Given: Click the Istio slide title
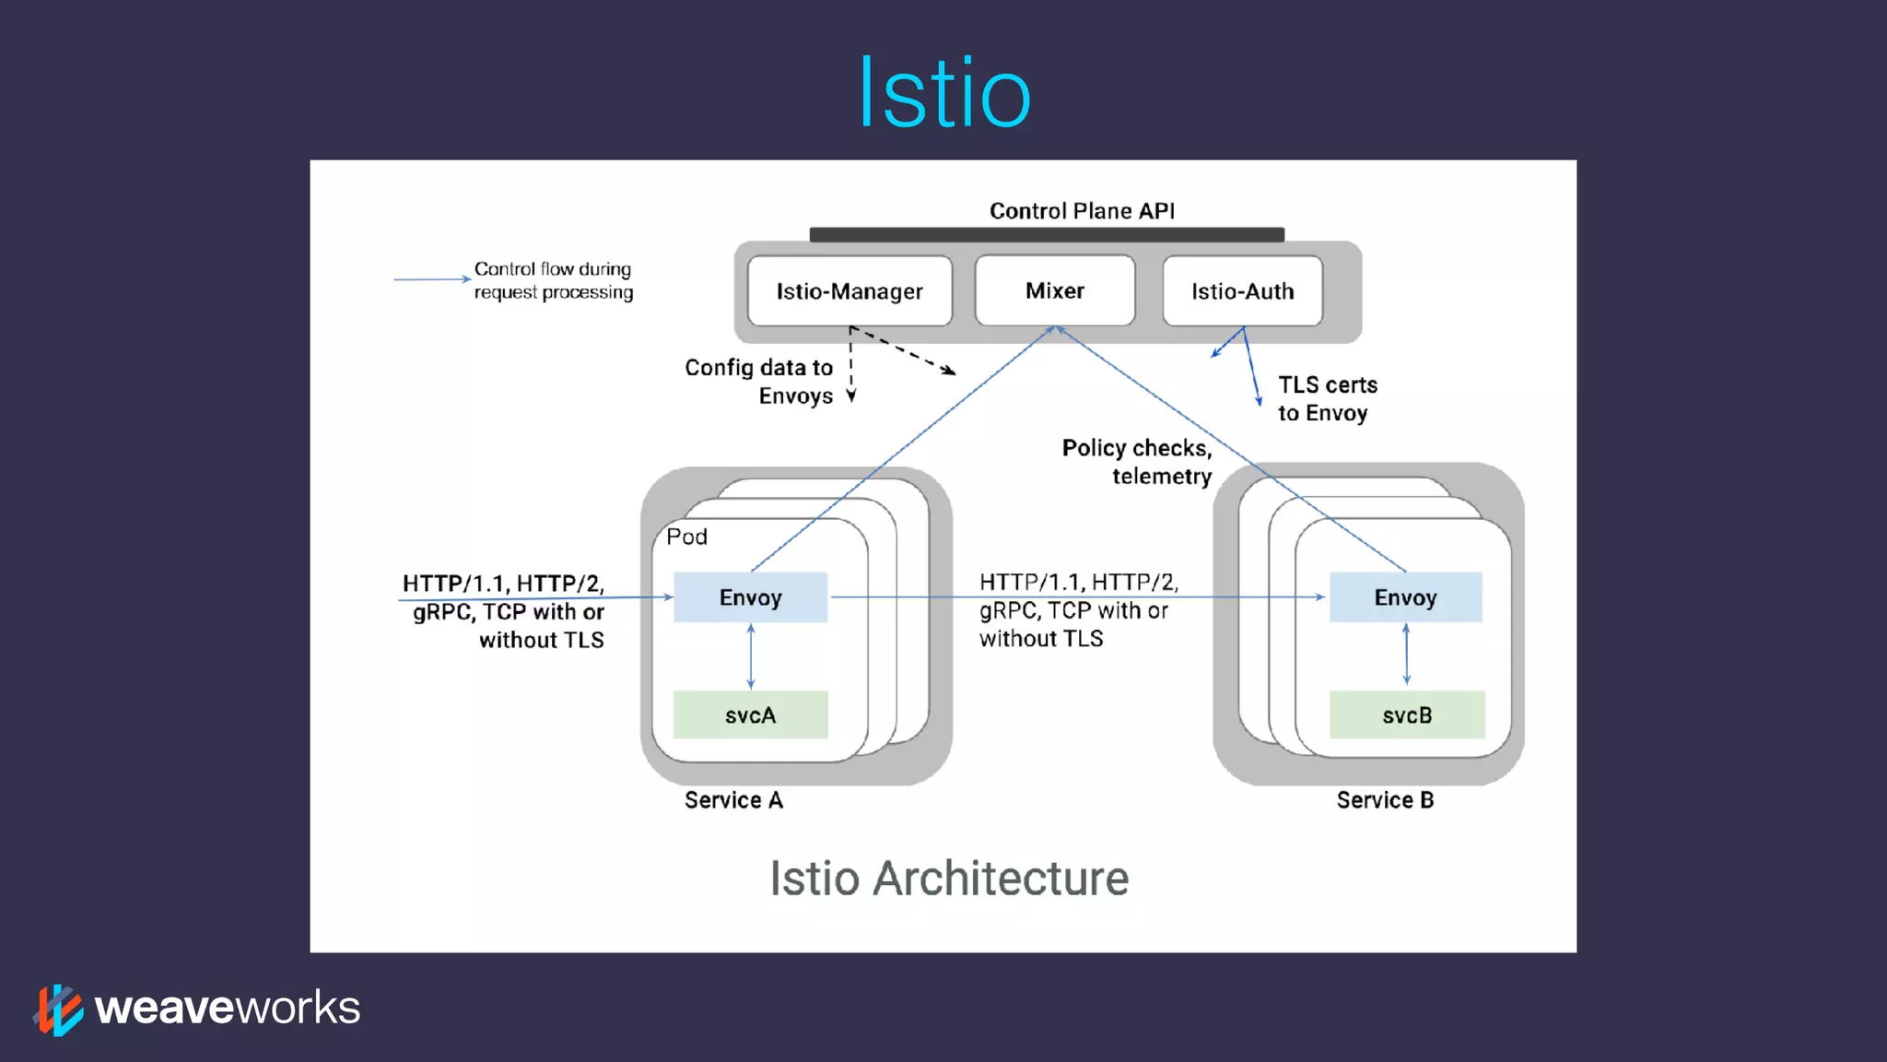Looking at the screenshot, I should (x=943, y=92).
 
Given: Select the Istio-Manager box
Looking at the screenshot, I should (x=849, y=291).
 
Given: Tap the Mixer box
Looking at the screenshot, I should (x=1054, y=290).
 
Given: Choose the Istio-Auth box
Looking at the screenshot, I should (x=1242, y=291).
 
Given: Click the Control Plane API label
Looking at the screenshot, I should (x=1082, y=211).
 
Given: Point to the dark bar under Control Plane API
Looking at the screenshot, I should (x=1047, y=235).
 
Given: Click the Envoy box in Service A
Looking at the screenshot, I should (x=750, y=597).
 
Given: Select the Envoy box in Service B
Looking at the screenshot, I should (x=1405, y=597).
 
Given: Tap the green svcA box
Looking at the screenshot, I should (x=750, y=715).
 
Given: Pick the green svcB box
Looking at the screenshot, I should (x=1407, y=715).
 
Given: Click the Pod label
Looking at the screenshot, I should (x=686, y=537).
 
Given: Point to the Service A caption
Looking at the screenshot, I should (x=733, y=800).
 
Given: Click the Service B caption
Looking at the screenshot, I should (x=1385, y=800).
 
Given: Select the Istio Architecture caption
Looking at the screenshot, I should (x=949, y=878).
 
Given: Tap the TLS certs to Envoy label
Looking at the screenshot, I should (x=1327, y=399).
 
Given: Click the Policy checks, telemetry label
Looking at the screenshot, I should (x=1138, y=462).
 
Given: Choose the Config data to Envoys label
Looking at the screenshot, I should (x=759, y=382).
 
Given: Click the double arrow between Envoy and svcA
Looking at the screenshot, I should (x=751, y=656).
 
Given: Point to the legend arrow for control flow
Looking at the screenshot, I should (x=431, y=278).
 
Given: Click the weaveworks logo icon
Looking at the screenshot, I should (x=58, y=1009).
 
